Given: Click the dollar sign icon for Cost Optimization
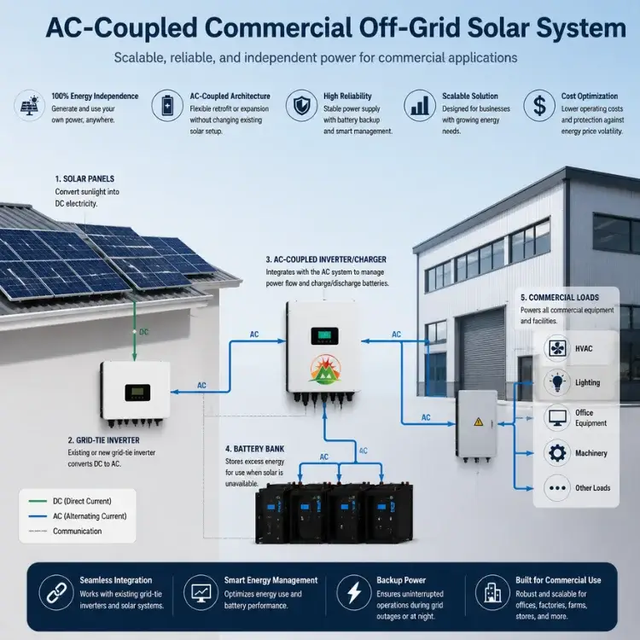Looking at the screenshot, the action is point(539,105).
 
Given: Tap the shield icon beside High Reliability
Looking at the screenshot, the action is point(301,105).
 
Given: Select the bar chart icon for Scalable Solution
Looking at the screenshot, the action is point(420,105).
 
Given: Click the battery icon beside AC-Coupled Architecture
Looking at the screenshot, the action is point(167,105).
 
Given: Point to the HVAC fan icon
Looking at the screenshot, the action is point(557,348).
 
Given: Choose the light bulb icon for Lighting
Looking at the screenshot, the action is point(557,382).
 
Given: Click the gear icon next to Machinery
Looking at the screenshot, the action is point(557,453).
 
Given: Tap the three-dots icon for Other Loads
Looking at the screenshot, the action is point(557,488).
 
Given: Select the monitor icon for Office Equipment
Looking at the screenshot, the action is point(557,417).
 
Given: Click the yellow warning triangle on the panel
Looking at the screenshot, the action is point(479,422).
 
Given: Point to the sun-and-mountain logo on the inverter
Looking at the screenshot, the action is point(325,369).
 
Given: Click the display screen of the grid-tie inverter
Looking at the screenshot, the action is point(137,393).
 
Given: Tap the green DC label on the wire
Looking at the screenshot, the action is point(143,332).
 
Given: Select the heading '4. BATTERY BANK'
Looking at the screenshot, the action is point(254,449).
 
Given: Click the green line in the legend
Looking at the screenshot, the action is point(38,501).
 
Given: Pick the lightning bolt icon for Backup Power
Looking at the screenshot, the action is point(353,592).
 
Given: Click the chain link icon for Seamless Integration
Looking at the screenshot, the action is point(56,592).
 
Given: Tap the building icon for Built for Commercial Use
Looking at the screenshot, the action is point(492,592).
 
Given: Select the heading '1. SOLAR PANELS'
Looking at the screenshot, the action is point(84,179).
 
